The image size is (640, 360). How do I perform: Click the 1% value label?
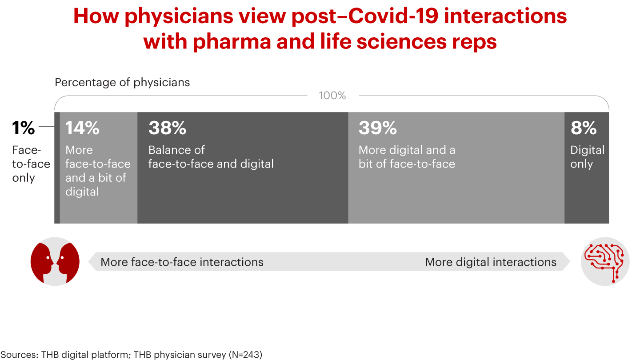(x=24, y=128)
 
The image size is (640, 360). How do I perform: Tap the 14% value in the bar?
(x=83, y=128)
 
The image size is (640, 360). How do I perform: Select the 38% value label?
(x=167, y=128)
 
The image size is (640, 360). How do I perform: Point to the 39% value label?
(x=377, y=128)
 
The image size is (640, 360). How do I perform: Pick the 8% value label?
(x=584, y=128)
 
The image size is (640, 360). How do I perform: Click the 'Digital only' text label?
(x=588, y=157)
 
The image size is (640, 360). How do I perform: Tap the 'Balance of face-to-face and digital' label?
(x=211, y=157)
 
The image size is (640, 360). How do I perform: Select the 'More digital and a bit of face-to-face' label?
(x=407, y=157)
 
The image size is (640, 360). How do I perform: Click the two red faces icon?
(x=55, y=262)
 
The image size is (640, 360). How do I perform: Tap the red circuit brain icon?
(x=605, y=262)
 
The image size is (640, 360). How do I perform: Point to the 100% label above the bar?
(x=332, y=96)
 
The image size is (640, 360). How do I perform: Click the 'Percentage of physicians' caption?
(x=122, y=82)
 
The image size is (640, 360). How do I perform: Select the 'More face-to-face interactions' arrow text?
(x=182, y=262)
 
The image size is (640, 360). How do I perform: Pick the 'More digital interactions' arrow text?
(x=491, y=262)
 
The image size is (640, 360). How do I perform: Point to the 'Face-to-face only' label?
(x=31, y=164)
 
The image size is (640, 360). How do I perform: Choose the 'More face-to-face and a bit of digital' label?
(x=98, y=171)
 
